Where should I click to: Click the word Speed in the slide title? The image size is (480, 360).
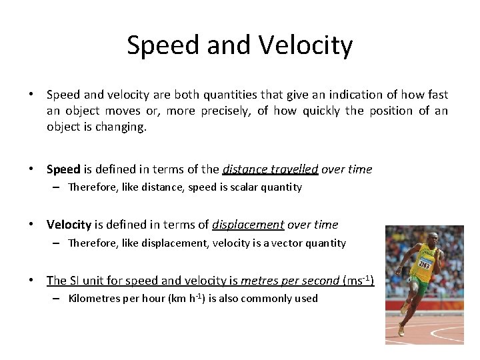[x=163, y=45]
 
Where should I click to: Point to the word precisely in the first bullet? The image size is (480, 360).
[x=224, y=111]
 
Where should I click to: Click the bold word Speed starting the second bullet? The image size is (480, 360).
[x=63, y=169]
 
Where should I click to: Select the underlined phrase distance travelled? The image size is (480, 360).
[x=271, y=169]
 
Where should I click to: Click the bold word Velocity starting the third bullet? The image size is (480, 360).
[x=69, y=225]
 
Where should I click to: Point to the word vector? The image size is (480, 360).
[x=286, y=243]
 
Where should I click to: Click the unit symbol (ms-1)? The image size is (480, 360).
[x=358, y=280]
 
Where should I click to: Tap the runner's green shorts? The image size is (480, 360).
[x=418, y=287]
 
